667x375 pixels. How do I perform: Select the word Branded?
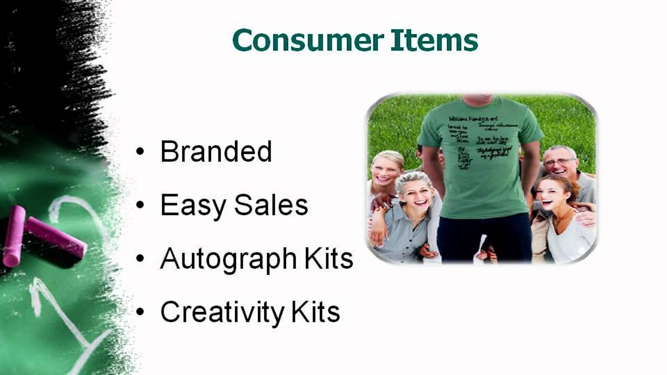point(216,152)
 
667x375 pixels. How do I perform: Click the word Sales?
point(271,205)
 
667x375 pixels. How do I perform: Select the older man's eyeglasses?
point(559,162)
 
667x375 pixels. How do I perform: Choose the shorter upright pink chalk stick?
point(14,235)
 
